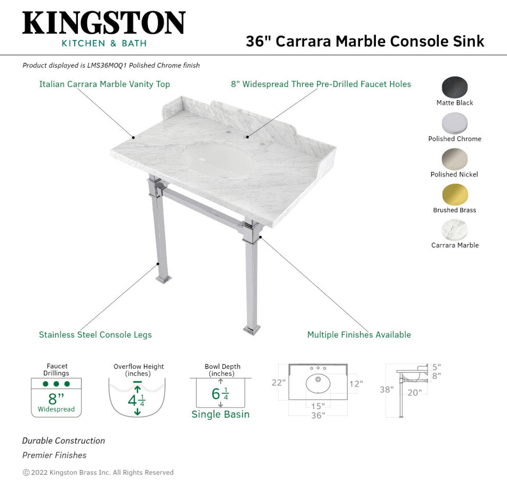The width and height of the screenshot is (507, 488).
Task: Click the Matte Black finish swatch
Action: point(455,87)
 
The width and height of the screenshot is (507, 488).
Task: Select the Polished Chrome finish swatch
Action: point(455,123)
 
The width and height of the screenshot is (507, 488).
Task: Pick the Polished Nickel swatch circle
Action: point(455,159)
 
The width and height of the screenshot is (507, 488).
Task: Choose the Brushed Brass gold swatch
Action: point(455,194)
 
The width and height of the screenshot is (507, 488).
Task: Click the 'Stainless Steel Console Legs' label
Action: point(95,335)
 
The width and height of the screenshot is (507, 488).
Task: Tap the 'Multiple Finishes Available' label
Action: point(359,335)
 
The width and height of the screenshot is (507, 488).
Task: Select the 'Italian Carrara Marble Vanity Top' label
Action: point(104,84)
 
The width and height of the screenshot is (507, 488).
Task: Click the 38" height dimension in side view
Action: point(387,389)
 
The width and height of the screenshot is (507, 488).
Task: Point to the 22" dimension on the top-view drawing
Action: point(279,383)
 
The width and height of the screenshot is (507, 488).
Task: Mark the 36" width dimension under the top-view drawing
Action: point(318,415)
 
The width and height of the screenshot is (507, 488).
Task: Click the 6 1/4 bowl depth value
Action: point(220,394)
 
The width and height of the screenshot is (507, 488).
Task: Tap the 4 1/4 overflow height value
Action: point(136,401)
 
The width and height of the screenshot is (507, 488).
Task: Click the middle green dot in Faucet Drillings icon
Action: point(56,384)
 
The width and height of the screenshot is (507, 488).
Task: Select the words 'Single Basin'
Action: point(221,414)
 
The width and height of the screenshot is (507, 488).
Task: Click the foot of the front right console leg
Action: point(252,329)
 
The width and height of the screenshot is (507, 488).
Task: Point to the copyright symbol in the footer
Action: point(26,473)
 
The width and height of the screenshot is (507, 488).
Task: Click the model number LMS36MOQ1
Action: point(107,65)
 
